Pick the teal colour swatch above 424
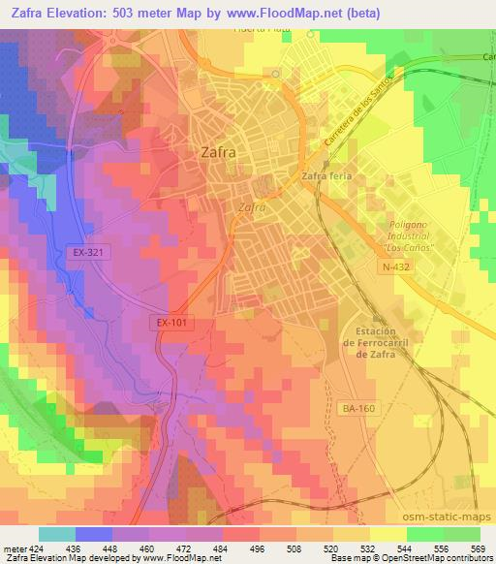point(56,534)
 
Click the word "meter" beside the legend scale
point(15,548)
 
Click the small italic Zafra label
point(252,206)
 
